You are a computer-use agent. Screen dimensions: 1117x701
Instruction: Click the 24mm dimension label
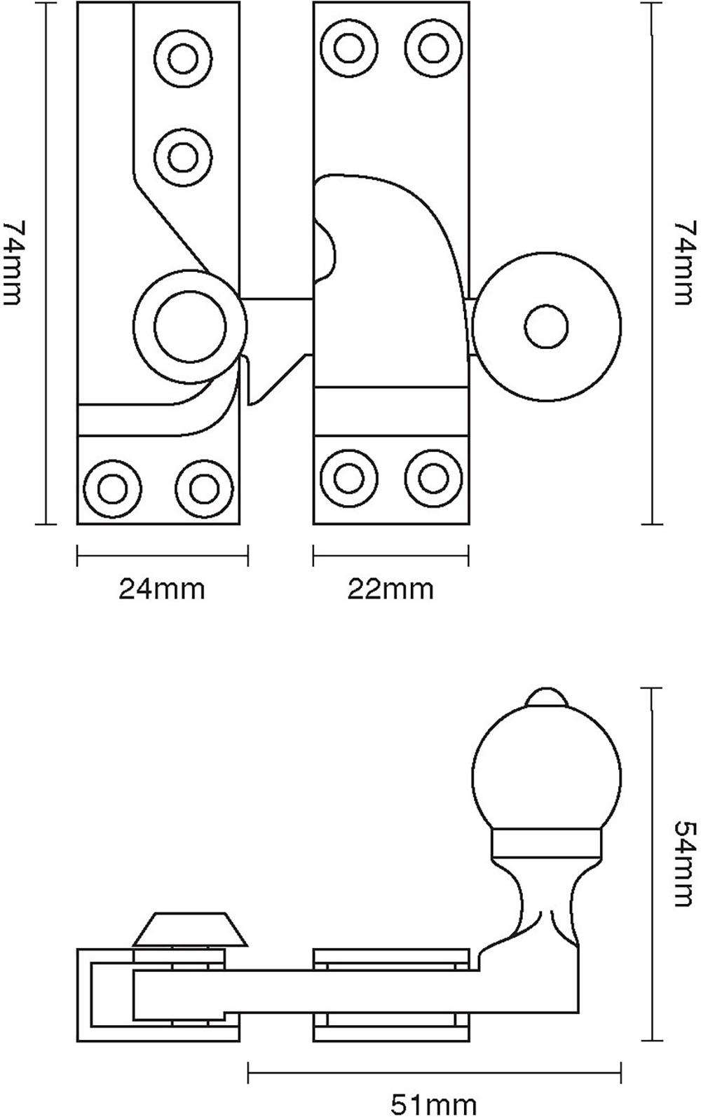(x=161, y=589)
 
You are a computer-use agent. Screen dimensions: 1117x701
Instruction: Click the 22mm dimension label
(x=390, y=589)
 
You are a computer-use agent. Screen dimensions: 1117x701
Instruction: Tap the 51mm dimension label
(x=434, y=1105)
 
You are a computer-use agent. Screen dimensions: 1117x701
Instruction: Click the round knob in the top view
(x=547, y=327)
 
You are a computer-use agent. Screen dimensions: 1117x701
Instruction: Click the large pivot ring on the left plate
(x=190, y=327)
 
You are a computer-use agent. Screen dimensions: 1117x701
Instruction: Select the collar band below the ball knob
(x=545, y=844)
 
